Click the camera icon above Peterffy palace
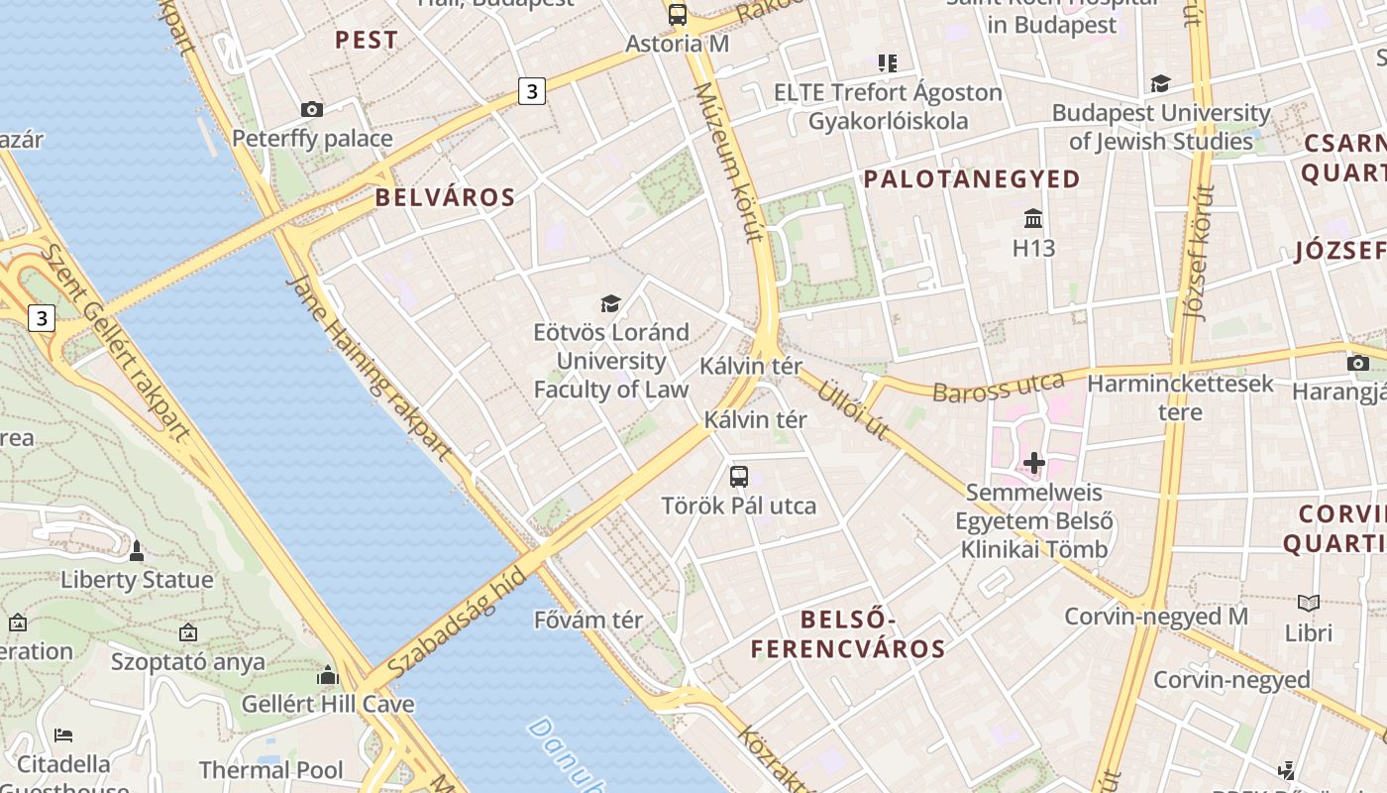point(312,109)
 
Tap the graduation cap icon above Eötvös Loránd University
point(610,302)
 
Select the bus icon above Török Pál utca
point(739,476)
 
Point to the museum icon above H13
point(1034,218)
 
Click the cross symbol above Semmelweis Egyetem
point(1034,462)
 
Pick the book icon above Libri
point(1309,603)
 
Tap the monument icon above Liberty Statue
point(137,550)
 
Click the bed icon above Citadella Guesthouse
point(63,735)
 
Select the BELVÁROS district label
point(445,197)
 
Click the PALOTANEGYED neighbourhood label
point(972,179)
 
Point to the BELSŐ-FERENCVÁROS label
point(847,634)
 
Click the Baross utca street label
point(999,388)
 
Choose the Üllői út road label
point(851,408)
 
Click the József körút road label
point(1200,252)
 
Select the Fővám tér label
point(588,621)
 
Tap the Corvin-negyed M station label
point(1156,617)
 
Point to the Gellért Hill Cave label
point(328,705)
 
